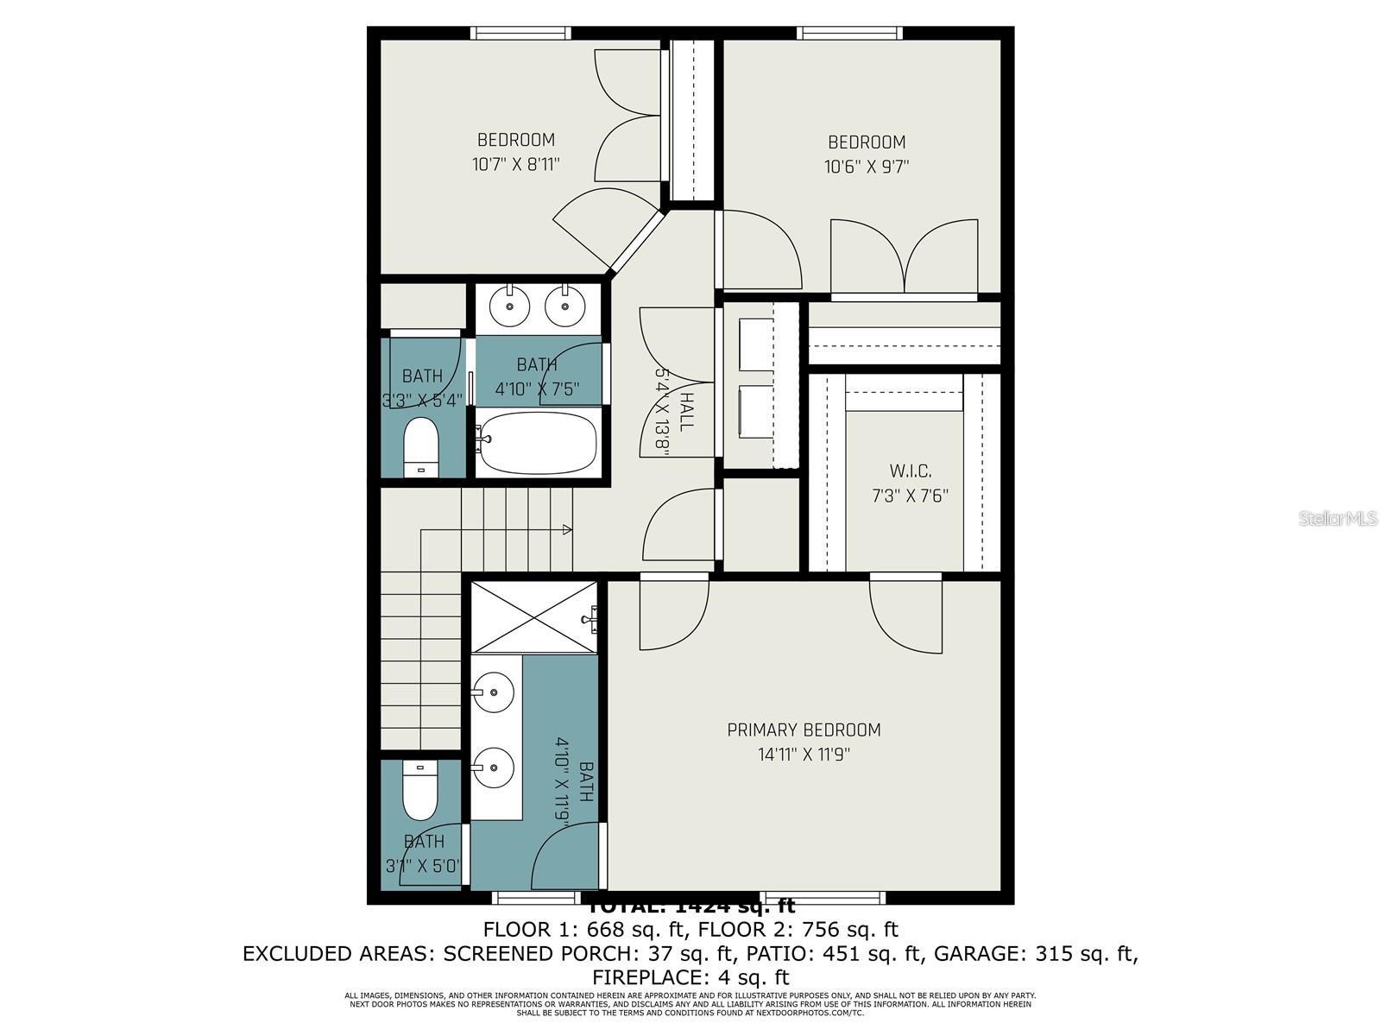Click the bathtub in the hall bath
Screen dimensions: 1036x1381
538,441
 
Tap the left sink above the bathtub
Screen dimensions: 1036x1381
510,306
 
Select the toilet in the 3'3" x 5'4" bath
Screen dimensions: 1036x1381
422,446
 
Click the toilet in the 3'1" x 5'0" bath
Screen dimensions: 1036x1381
420,792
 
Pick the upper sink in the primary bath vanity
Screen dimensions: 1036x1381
493,692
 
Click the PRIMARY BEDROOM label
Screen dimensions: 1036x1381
804,730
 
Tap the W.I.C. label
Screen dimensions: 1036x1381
910,471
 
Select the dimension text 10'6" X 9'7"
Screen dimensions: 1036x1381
867,167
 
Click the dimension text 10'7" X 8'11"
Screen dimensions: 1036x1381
516,164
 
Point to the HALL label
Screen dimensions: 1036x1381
686,412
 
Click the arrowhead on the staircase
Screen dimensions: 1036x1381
567,529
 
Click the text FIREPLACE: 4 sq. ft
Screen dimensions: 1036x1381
690,977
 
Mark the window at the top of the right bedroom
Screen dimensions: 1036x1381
849,34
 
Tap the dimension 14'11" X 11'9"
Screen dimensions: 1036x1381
804,755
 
